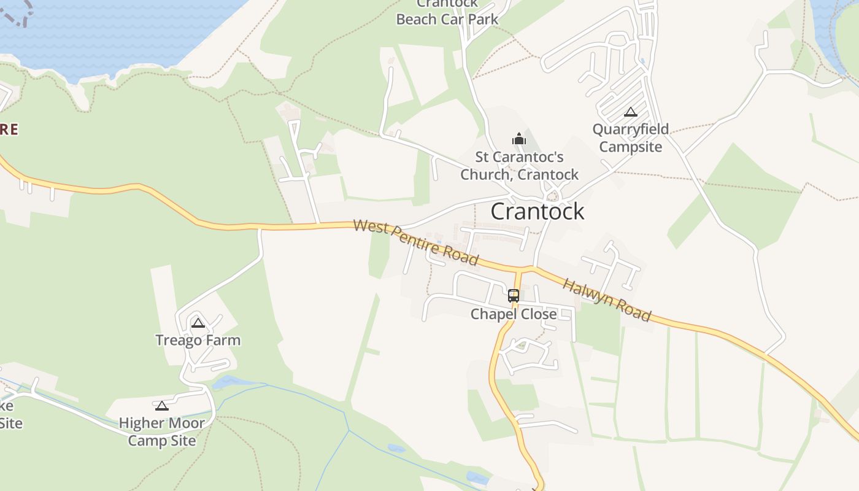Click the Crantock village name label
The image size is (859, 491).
coord(537,212)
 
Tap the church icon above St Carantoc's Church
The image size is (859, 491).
coord(519,139)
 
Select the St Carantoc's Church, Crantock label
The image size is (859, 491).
coord(519,166)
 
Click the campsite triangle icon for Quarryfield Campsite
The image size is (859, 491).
coord(630,112)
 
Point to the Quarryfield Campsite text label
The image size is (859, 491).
coord(630,138)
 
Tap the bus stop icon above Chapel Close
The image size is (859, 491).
coord(514,295)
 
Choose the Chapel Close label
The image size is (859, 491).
coord(514,314)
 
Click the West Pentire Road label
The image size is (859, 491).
coord(416,242)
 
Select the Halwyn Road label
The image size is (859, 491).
coord(606,300)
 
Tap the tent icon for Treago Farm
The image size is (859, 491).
coord(198,323)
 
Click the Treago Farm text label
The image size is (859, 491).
coord(198,340)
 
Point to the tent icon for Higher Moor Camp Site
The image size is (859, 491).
coord(161,406)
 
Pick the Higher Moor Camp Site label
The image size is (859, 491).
coord(161,431)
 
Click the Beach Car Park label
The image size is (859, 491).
coord(447,19)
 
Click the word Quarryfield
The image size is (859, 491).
coord(630,130)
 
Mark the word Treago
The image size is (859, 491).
coord(179,340)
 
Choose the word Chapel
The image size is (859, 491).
coord(491,314)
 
